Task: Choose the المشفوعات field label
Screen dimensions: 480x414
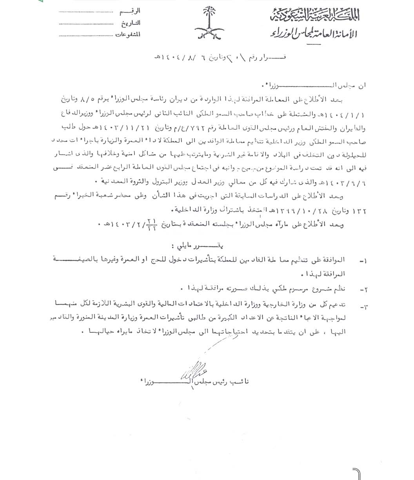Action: coord(128,35)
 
